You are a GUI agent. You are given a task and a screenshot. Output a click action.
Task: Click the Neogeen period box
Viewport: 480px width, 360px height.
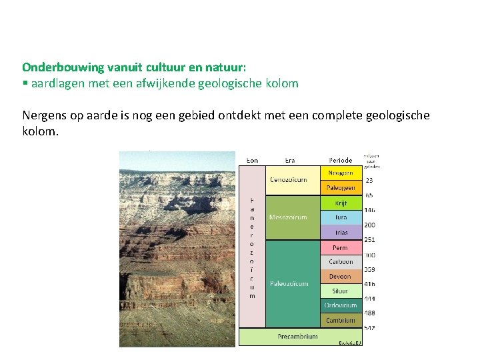click(341, 173)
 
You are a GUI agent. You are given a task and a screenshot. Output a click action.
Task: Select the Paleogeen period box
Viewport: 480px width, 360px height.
click(341, 187)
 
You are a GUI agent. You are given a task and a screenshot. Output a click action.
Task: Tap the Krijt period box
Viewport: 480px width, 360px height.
click(341, 203)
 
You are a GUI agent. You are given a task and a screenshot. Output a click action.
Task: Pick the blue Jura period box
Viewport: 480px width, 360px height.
click(341, 217)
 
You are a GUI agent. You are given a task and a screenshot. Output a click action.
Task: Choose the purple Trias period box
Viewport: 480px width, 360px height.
click(341, 233)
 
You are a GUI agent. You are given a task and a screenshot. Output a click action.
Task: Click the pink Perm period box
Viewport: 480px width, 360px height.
click(341, 247)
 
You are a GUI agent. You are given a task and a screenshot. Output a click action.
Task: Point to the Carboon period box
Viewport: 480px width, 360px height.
click(341, 262)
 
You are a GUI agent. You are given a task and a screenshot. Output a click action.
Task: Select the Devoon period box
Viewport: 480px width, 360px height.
click(341, 277)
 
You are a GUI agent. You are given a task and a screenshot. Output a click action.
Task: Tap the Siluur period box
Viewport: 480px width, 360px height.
click(341, 291)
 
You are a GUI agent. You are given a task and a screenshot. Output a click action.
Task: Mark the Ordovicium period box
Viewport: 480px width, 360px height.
click(341, 306)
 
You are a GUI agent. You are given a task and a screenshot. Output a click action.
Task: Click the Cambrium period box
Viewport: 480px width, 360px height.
click(341, 321)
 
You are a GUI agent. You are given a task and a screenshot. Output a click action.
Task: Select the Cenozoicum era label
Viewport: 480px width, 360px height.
click(289, 180)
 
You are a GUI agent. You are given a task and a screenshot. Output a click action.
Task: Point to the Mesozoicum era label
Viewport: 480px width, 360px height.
click(289, 217)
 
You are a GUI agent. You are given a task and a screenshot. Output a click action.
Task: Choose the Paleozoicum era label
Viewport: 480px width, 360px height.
click(289, 284)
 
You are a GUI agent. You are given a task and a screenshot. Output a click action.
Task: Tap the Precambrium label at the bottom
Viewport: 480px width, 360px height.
click(297, 337)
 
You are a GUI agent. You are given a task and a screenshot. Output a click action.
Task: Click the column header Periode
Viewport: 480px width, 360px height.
click(341, 160)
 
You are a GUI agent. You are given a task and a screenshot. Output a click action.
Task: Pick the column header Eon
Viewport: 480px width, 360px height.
click(253, 160)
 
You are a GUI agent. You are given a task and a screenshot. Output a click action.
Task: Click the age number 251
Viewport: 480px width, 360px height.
click(369, 240)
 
